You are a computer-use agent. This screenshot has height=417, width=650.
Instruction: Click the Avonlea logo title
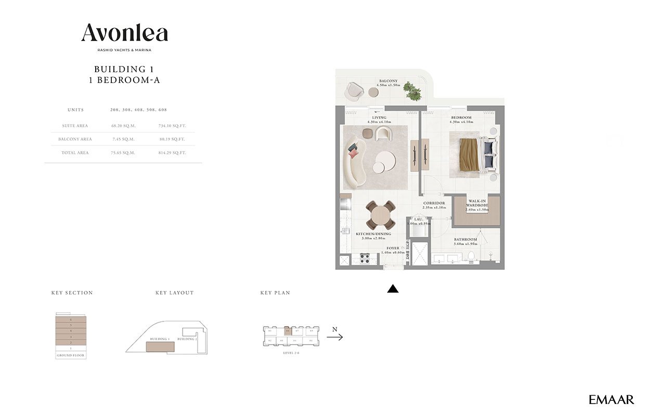tap(124, 33)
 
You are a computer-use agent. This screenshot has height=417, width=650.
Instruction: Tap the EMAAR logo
tap(611, 399)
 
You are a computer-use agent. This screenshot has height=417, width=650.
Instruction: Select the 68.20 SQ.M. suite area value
tap(123, 126)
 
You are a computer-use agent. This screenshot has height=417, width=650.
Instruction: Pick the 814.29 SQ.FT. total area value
tap(172, 153)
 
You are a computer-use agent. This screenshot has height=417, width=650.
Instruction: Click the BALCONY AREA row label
tap(75, 139)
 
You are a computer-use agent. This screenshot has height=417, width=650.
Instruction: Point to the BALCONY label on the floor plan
tap(388, 81)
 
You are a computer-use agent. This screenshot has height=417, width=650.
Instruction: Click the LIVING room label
tap(379, 117)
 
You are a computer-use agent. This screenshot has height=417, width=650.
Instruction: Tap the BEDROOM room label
tap(461, 117)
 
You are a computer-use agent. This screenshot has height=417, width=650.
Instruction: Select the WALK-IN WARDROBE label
tap(477, 203)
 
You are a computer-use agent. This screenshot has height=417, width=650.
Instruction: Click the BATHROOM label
tap(465, 239)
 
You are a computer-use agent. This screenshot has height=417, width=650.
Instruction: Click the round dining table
tap(382, 215)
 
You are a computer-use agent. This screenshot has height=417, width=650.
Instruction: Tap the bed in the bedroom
tap(473, 155)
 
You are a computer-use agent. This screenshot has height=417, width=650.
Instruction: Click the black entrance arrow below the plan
tap(393, 289)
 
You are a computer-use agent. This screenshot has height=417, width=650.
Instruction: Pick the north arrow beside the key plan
tap(334, 337)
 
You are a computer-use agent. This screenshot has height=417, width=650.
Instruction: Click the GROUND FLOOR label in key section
tap(71, 355)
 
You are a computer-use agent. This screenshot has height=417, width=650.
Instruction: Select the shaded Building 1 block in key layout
tap(160, 346)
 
